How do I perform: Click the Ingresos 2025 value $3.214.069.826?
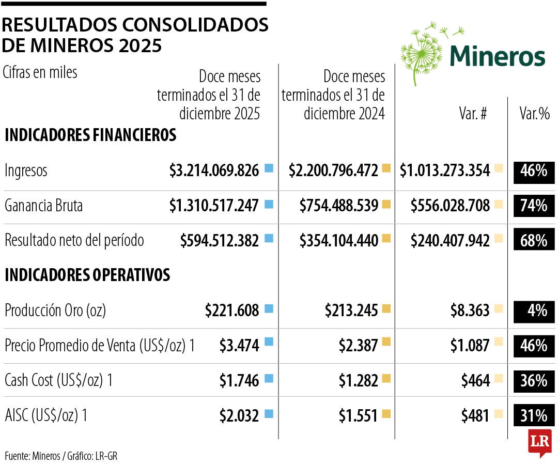[214, 171]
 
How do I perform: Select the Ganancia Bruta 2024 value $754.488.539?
[339, 206]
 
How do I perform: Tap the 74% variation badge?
[534, 206]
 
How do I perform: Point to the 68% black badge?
[534, 241]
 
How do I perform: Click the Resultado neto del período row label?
[74, 240]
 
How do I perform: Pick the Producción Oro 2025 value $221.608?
[232, 311]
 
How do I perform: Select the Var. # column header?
[473, 114]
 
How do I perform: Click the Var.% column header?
[534, 114]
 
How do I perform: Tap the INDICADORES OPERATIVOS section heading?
[87, 275]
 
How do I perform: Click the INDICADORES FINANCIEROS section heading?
[90, 135]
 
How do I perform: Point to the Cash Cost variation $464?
[476, 381]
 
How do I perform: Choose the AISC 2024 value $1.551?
[359, 415]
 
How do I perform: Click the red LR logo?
[539, 443]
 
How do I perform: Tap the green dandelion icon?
[422, 52]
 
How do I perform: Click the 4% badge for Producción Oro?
[534, 311]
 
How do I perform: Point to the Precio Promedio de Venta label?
[100, 346]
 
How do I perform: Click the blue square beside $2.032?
[269, 413]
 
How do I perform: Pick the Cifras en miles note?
[40, 73]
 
